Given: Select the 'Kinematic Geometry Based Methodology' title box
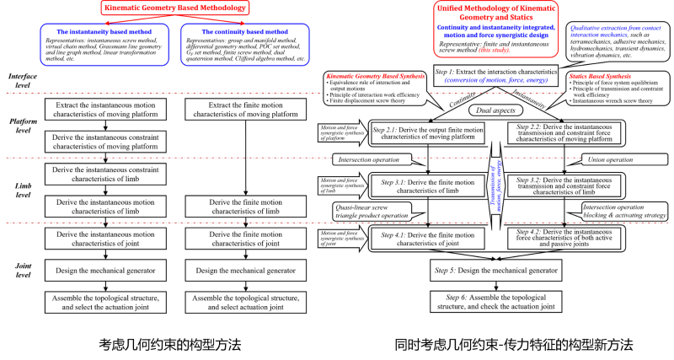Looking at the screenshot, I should (x=176, y=9).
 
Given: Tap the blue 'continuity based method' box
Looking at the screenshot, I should (x=244, y=44).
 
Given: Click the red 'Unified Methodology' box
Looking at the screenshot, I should (x=496, y=30).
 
